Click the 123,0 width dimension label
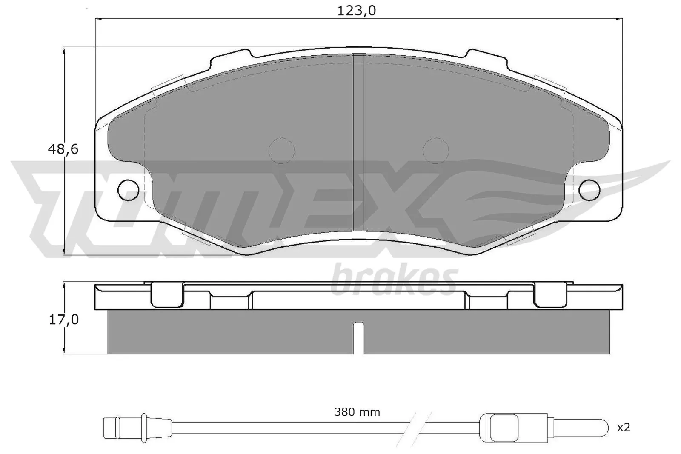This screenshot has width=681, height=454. [356, 11]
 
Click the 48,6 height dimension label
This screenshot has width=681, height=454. [63, 149]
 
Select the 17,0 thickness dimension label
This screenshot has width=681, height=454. [63, 320]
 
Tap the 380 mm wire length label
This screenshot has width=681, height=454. [357, 412]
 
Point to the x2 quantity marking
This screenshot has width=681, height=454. [624, 427]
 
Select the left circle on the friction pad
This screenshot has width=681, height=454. [281, 151]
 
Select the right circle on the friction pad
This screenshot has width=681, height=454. [436, 151]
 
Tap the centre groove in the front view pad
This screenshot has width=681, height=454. [359, 140]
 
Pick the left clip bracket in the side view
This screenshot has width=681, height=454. [167, 294]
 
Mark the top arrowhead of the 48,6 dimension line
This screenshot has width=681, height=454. [64, 51]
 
